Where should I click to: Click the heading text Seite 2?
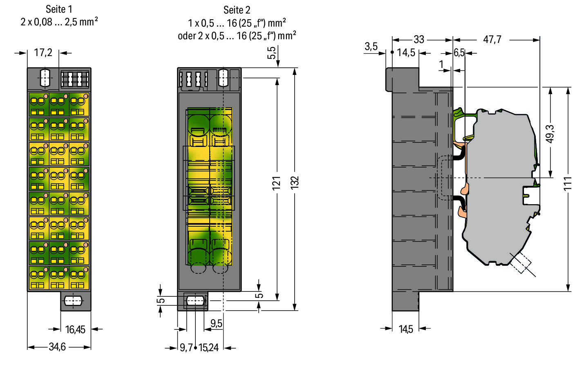(x=237, y=10)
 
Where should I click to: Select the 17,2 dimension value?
(x=43, y=53)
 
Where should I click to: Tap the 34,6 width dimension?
(x=57, y=347)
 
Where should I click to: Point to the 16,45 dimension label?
(x=75, y=329)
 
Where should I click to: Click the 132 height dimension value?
(x=295, y=183)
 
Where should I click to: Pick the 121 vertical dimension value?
(x=277, y=183)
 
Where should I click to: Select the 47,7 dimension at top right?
(x=492, y=40)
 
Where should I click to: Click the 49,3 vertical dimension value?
(x=550, y=134)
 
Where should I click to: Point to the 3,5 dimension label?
(x=371, y=47)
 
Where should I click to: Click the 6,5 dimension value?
(x=459, y=53)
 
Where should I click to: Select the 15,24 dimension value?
(x=208, y=348)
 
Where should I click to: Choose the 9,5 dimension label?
(x=216, y=324)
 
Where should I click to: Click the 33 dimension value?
(x=419, y=40)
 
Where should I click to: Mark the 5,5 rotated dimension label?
(x=271, y=53)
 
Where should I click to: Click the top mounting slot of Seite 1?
(x=45, y=77)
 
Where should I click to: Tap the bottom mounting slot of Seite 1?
(x=73, y=301)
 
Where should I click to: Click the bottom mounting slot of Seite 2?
(x=195, y=301)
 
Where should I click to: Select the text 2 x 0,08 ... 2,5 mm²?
(x=59, y=22)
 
